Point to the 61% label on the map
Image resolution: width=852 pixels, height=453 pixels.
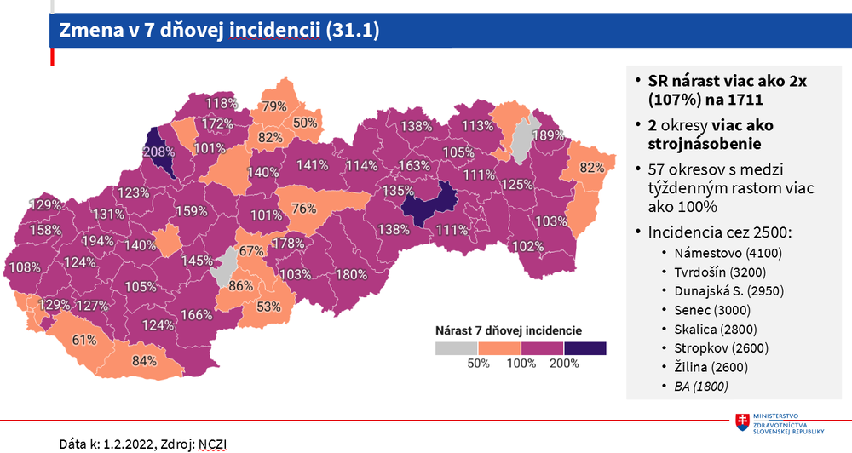pos(83,340)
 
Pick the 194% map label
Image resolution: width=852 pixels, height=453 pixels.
pos(98,241)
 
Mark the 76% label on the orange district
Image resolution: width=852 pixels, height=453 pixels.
pos(303,209)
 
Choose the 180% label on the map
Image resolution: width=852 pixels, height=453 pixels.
pos(351,275)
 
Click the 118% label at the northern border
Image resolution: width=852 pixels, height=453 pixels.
pos(222,103)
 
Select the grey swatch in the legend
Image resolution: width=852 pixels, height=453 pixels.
pos(457,347)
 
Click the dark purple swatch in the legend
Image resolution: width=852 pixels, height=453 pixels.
pos(584,347)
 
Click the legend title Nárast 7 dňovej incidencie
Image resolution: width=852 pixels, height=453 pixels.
pos(509,329)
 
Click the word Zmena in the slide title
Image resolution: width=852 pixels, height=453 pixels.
pos(88,30)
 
